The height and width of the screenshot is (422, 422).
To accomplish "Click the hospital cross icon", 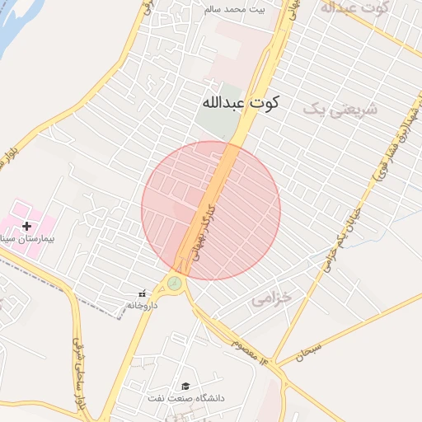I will click(27, 226).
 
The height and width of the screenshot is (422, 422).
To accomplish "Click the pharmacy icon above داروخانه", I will click(142, 293).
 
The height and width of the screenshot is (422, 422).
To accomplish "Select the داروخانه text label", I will click(142, 305).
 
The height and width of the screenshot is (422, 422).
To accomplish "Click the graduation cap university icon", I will click(186, 387).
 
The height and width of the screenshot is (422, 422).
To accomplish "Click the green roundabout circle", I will click(175, 284).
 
